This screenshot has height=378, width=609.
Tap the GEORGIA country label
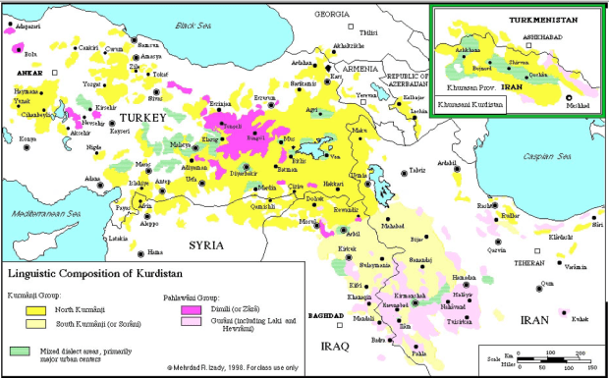point(332,15)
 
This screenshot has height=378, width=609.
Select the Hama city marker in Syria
point(124,250)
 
